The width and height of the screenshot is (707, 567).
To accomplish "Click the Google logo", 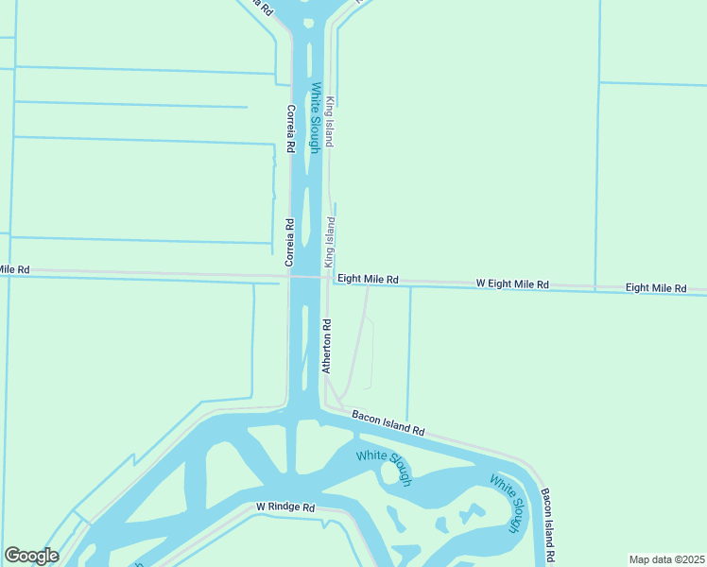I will click(31, 556).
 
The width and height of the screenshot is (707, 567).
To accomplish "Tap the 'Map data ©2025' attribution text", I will click(665, 559).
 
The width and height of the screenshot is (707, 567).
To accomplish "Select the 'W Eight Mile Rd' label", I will click(512, 283).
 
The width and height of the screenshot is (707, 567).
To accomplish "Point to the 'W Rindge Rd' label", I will click(285, 507).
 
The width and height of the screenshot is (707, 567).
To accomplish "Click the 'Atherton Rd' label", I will click(326, 346).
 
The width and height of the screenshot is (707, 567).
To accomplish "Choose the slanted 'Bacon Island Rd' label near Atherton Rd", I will click(388, 421).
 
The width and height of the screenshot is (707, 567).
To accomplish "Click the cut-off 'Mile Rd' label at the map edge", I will click(14, 269).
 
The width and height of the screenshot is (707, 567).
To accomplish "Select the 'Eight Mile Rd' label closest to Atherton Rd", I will click(368, 280).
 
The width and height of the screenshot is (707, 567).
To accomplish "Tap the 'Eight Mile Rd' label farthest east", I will click(656, 287).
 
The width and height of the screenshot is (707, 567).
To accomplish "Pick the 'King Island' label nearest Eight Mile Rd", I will click(330, 241).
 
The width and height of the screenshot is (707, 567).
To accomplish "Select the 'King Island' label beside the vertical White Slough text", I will click(330, 121).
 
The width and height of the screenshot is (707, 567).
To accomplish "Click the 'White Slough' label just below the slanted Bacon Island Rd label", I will click(384, 468).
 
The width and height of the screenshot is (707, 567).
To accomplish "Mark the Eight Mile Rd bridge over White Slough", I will click(306, 277).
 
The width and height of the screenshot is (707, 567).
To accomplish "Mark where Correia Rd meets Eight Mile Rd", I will click(289, 277).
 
